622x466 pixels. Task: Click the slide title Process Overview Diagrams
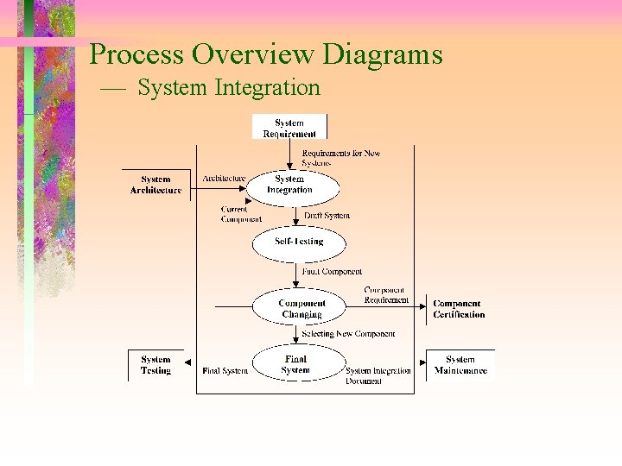coord(266,54)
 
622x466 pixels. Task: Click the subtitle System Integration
coord(229,88)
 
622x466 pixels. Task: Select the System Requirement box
coord(289,128)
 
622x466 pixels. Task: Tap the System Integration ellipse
coord(291,185)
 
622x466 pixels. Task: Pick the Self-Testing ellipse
coord(298,242)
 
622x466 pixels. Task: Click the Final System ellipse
coord(295,365)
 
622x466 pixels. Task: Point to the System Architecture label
coord(155,185)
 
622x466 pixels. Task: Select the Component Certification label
coord(458,309)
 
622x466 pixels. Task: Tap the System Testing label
coord(155,365)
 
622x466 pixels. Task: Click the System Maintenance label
coord(460,365)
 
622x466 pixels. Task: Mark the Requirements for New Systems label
coord(340,158)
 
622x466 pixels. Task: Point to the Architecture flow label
coord(224,179)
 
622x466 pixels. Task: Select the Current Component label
coord(241,214)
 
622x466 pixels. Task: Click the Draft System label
coord(327,216)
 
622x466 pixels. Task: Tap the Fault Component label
coord(332,272)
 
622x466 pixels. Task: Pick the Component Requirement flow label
coord(386,295)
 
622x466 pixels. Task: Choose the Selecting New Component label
coord(348,334)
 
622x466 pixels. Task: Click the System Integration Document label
coord(378,375)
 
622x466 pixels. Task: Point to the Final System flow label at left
coord(225,371)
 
